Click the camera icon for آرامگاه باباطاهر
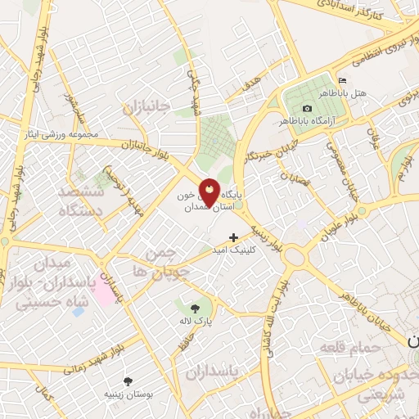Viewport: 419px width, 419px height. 307,108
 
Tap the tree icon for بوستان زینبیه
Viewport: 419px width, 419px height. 128,381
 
